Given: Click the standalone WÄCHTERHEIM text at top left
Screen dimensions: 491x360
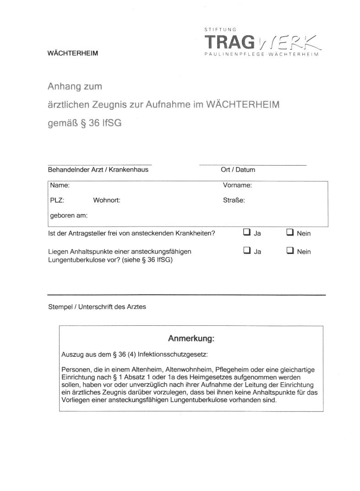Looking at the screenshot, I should [x=73, y=53].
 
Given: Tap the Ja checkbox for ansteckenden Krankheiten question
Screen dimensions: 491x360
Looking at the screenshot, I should [x=246, y=232].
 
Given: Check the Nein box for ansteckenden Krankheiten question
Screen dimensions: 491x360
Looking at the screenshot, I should [x=289, y=232].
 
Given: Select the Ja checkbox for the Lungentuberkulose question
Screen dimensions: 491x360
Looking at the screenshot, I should [x=246, y=251].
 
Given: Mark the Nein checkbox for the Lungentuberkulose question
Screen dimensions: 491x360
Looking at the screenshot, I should [x=289, y=251].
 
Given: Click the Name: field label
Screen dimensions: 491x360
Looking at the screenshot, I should [x=60, y=185].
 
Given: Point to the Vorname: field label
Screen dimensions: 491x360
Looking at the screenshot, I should [x=237, y=185].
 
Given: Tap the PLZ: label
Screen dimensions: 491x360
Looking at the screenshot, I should [x=57, y=200].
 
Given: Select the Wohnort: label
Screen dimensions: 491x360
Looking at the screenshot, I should [x=106, y=200].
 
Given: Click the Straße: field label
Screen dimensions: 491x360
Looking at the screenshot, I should [x=234, y=200].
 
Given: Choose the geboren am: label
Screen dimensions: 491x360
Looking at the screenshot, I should [x=69, y=215].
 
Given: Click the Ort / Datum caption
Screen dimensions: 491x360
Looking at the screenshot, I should [x=238, y=170].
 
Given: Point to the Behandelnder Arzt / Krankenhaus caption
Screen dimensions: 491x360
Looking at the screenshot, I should [x=98, y=170].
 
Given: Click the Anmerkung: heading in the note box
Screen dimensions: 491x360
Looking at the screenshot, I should [x=191, y=339].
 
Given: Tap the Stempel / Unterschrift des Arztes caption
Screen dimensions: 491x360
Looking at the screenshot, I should [x=97, y=307].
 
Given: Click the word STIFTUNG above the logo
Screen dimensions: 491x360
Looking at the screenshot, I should [x=220, y=29].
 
